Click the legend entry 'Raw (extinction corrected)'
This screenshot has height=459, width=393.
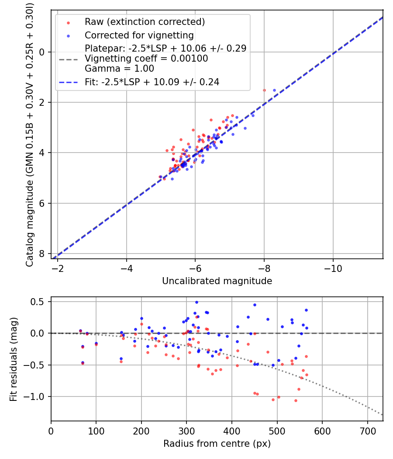pos(145,22)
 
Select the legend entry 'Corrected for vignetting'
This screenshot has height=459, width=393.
pos(139,35)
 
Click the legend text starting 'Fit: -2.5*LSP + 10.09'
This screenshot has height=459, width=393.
pos(152,82)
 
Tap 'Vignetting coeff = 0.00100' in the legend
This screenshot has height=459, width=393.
pos(146,59)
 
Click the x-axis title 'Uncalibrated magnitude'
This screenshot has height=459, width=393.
pos(217,281)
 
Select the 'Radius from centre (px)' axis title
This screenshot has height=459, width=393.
pos(217,444)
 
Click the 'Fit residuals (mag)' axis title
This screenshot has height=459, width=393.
pos(14,359)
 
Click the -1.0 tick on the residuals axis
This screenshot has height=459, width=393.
pos(37,396)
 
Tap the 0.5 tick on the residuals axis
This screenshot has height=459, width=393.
pos(39,302)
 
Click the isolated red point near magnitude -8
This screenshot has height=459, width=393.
pos(264,90)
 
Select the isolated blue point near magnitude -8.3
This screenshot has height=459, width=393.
pos(275,90)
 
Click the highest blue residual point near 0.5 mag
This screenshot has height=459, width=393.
pos(196,302)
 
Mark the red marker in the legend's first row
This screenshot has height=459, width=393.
pos(68,22)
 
